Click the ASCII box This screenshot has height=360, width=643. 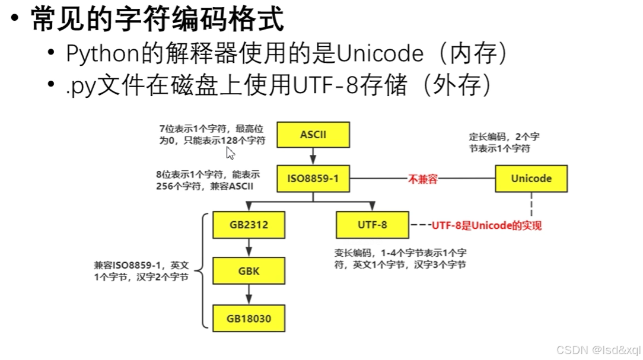click(x=313, y=135)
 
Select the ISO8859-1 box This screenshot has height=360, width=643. click(x=313, y=179)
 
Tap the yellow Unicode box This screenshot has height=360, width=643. click(x=531, y=179)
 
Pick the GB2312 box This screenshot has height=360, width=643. click(x=249, y=225)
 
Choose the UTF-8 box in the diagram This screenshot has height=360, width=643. click(x=372, y=225)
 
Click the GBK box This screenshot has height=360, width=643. click(x=249, y=272)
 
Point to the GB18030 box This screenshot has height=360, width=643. click(x=249, y=318)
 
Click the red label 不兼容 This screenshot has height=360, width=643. click(x=422, y=179)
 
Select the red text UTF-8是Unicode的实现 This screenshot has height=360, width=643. click(x=486, y=226)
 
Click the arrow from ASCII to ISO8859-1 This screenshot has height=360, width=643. click(x=313, y=156)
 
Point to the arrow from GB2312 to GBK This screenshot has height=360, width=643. click(x=249, y=248)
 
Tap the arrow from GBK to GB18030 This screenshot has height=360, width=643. click(x=249, y=295)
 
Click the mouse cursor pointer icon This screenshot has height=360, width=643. click(x=230, y=154)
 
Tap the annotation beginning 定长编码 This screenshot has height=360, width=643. click(x=504, y=142)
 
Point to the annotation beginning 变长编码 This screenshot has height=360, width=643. click(x=400, y=259)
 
